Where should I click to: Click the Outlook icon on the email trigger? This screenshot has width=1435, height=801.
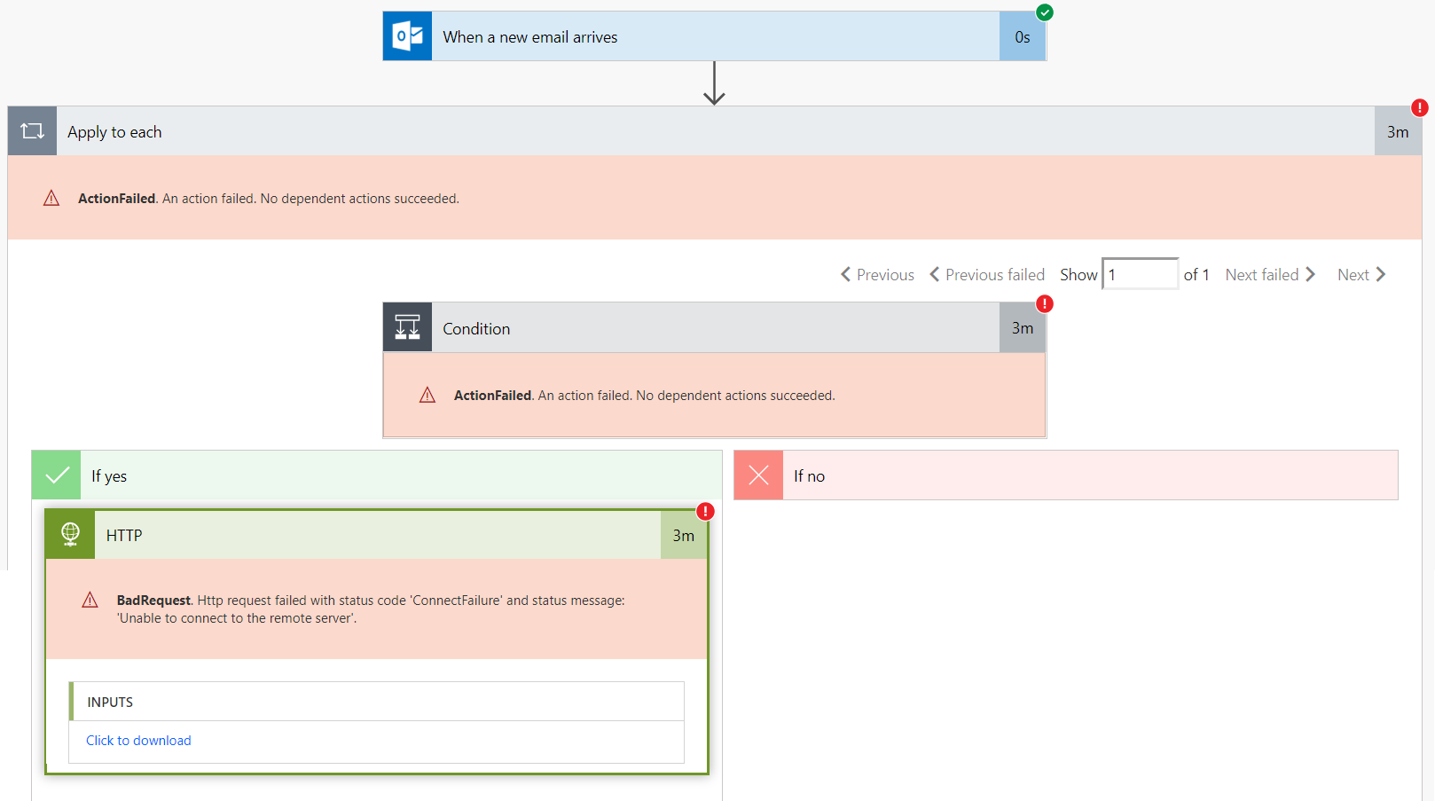tap(407, 35)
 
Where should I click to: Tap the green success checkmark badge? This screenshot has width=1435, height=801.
tap(1045, 12)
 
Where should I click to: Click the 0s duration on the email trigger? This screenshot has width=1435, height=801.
tap(1023, 36)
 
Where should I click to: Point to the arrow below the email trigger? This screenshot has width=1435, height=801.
tap(714, 82)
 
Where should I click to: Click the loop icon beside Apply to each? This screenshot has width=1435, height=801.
tap(32, 131)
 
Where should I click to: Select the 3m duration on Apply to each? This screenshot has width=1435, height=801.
tap(1398, 131)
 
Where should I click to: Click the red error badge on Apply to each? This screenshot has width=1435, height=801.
tap(1420, 107)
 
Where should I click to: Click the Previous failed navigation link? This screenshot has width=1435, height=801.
tap(987, 275)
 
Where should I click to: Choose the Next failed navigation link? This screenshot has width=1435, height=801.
tap(1270, 275)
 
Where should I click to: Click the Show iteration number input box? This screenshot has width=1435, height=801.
tap(1140, 274)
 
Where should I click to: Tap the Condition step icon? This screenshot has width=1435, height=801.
tap(407, 327)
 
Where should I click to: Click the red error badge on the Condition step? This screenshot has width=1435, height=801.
tap(1045, 303)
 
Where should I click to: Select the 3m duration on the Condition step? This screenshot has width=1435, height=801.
tap(1023, 327)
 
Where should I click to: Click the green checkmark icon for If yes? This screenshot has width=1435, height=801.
tap(57, 475)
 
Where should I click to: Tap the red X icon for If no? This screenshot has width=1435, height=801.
tap(758, 475)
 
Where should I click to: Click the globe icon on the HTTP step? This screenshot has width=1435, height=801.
tap(70, 534)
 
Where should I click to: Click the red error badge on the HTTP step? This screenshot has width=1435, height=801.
tap(705, 511)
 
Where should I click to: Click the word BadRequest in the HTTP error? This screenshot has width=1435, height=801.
tap(153, 601)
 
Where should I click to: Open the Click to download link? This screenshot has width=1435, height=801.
tap(138, 740)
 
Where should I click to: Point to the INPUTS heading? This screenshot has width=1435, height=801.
tap(110, 703)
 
